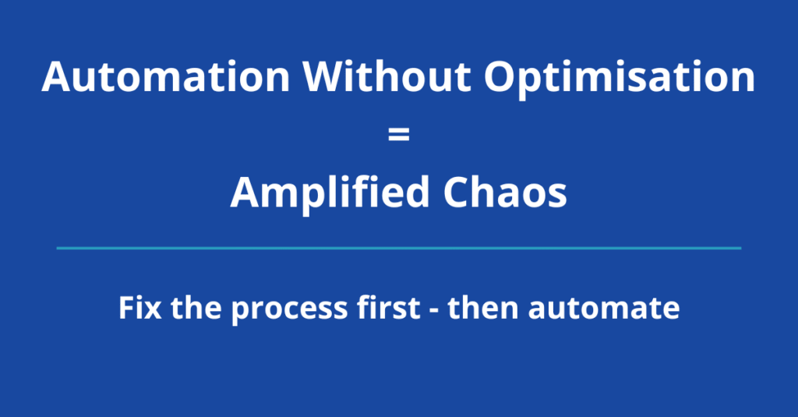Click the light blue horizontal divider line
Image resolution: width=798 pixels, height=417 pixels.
coord(398,248)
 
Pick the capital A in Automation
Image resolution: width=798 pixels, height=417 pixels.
coord(58,78)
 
